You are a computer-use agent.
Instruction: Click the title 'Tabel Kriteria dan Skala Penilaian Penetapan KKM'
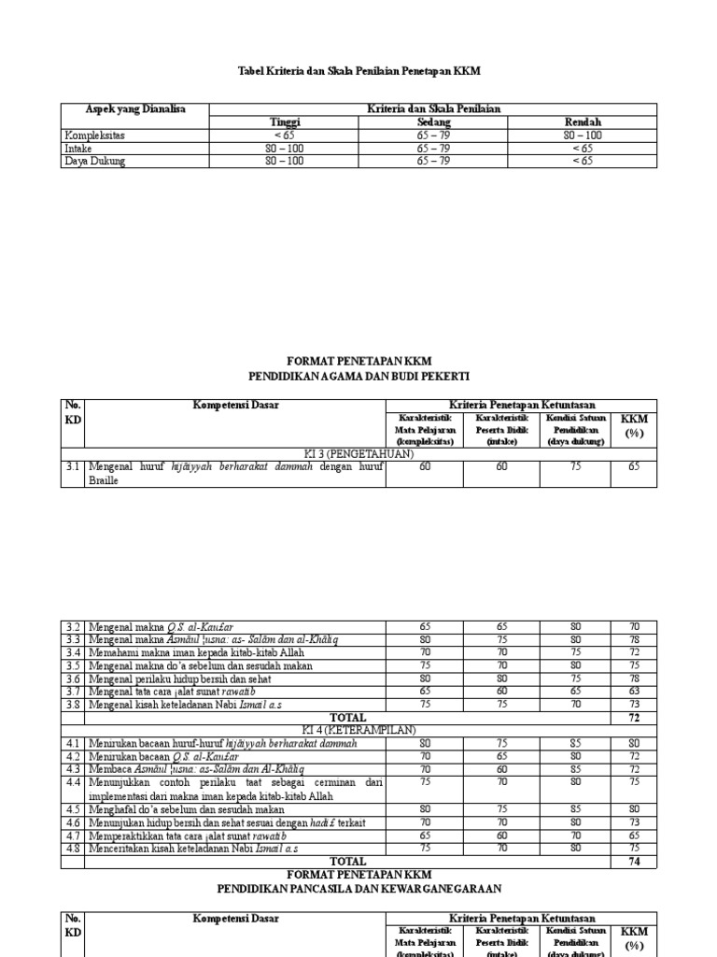coord(358,71)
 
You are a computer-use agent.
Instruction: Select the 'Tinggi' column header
coord(286,122)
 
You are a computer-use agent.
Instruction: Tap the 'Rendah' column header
coord(583,122)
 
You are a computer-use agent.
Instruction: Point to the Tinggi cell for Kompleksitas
coord(286,136)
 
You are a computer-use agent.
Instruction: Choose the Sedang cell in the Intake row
coord(433,148)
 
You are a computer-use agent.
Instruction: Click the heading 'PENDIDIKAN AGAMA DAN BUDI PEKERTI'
coord(358,375)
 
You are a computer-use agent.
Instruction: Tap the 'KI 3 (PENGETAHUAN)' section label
coord(358,452)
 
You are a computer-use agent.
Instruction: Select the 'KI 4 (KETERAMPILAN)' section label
coord(358,730)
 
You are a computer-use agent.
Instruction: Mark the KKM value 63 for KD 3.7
coord(634,692)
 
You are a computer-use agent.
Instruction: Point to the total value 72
coord(634,717)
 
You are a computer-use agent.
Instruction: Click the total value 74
coord(634,862)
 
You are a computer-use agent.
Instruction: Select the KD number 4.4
coord(73,782)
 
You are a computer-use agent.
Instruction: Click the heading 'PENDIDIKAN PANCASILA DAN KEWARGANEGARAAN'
coord(358,888)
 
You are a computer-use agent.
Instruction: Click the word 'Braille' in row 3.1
coord(105,479)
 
